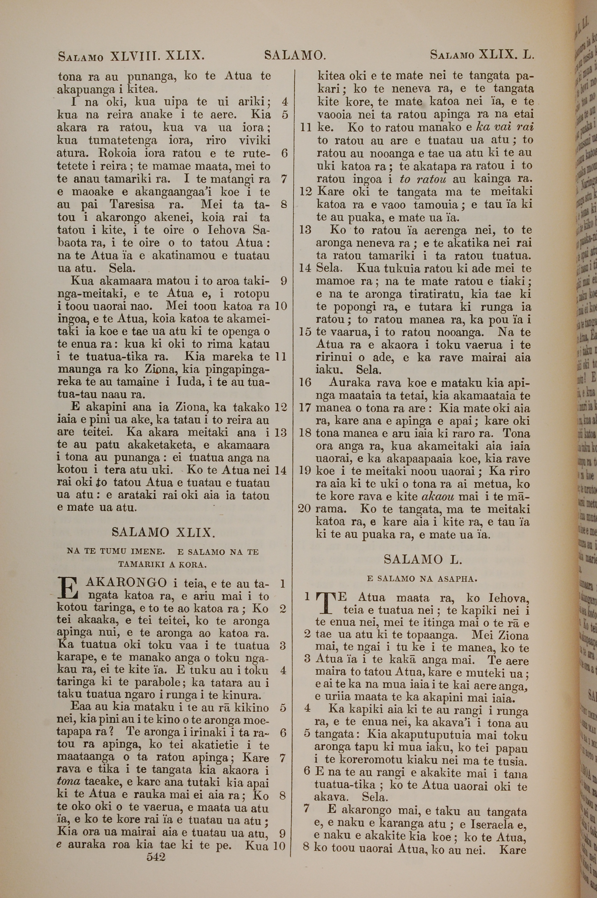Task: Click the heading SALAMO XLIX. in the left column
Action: click(x=163, y=532)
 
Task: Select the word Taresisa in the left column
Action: click(x=133, y=205)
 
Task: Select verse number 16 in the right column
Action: click(x=305, y=382)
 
